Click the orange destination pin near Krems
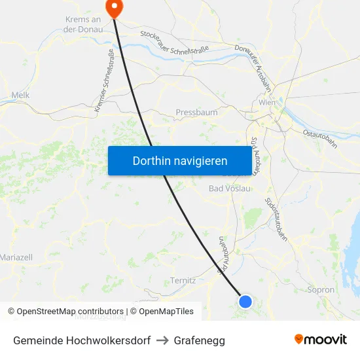[x=115, y=9]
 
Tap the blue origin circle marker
[x=245, y=301]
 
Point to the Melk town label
[x=20, y=96]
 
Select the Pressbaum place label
[x=196, y=113]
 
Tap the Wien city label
[x=267, y=103]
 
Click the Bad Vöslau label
[x=229, y=189]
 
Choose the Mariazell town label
[x=16, y=257]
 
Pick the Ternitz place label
[x=183, y=280]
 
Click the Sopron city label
[x=321, y=289]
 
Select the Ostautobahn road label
[x=319, y=140]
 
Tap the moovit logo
[x=321, y=339]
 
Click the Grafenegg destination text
[x=199, y=340]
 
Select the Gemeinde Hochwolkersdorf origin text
[x=82, y=340]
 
